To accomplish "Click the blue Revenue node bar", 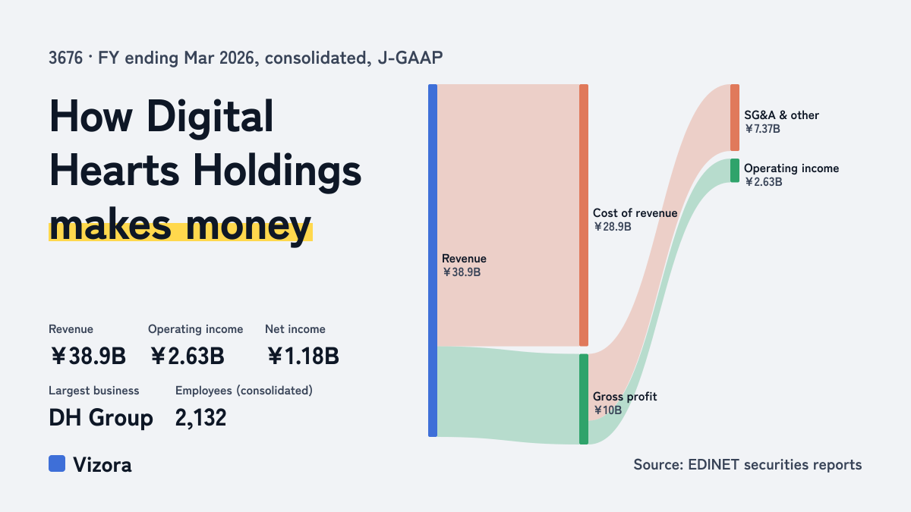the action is [x=433, y=260].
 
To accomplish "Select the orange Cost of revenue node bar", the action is [x=584, y=215].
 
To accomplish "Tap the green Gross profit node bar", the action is [x=584, y=399].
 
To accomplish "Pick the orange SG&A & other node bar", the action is [x=735, y=118].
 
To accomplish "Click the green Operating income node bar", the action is [x=735, y=170].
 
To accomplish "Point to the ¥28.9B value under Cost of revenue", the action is [x=612, y=227].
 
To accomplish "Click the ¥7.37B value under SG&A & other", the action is [x=762, y=129].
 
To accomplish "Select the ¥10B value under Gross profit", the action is [x=607, y=410].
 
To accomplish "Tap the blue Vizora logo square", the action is [x=57, y=463].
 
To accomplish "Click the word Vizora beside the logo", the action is [x=102, y=465].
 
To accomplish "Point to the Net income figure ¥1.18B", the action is [x=303, y=356].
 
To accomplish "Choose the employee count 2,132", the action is [x=200, y=418].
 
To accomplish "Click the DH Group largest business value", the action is [x=101, y=418].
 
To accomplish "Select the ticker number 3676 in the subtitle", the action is [x=65, y=58].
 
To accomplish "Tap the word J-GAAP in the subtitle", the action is [x=410, y=58].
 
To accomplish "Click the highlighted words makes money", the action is [x=181, y=225].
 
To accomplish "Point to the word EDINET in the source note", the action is [x=714, y=464].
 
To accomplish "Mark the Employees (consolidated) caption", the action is [x=244, y=391].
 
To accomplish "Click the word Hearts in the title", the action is [x=115, y=171].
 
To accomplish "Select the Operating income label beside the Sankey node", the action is [x=791, y=168].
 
